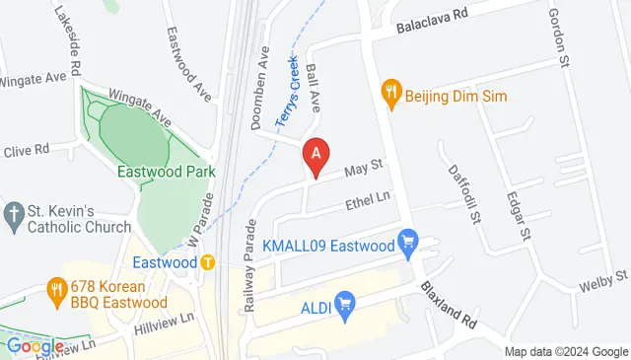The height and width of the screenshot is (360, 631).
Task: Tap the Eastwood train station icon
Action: coord(208,262)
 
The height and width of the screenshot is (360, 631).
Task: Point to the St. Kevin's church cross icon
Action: coord(14,213)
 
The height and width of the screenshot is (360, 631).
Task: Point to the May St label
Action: coord(363,170)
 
